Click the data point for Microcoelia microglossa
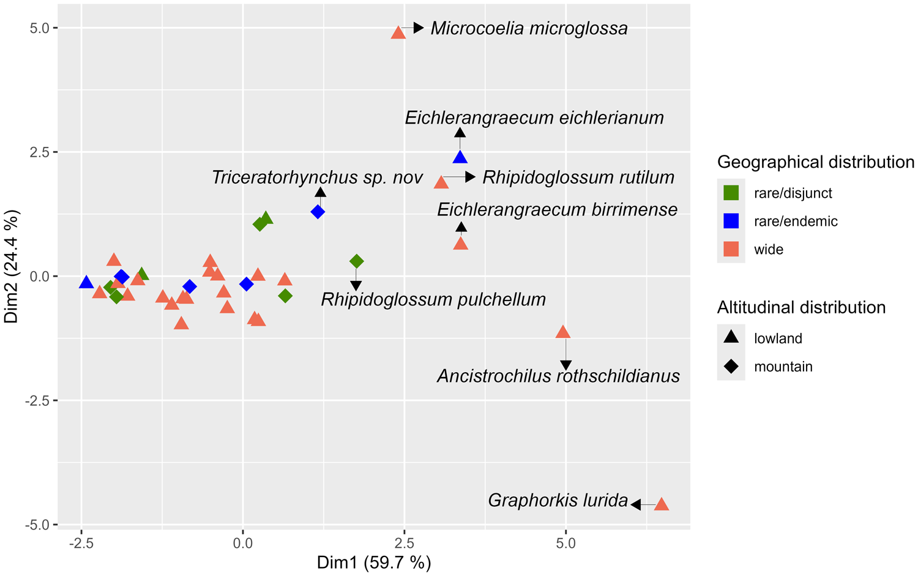pos(398,33)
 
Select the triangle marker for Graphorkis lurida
pos(662,505)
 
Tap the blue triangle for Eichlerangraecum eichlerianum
pos(460,158)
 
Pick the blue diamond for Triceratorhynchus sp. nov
pos(318,212)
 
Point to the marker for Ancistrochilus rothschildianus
pos(563,333)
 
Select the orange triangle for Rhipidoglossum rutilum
pos(441,182)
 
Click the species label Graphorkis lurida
pos(558,501)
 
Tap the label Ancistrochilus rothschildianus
pos(558,376)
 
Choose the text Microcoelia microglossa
pos(529,28)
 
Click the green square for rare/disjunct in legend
pos(731,193)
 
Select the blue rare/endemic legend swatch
pos(731,221)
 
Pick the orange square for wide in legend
pos(731,249)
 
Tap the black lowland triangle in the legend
pos(731,337)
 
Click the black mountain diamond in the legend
pos(731,367)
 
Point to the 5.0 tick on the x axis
pos(566,544)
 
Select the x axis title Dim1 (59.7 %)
pos(374,563)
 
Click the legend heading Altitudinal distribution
pos(801,307)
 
